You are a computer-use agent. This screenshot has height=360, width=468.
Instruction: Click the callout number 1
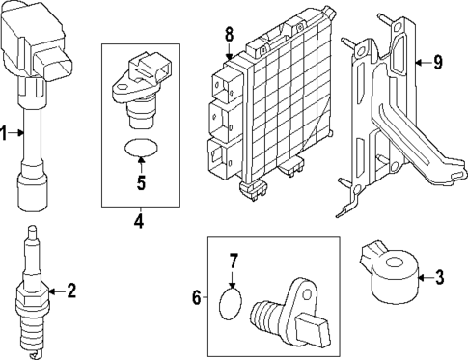coord(5,134)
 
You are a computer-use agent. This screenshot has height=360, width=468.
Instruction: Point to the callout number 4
coord(139,220)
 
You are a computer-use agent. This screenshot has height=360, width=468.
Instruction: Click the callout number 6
coord(196,298)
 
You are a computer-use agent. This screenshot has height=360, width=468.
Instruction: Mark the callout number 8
coord(229,36)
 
